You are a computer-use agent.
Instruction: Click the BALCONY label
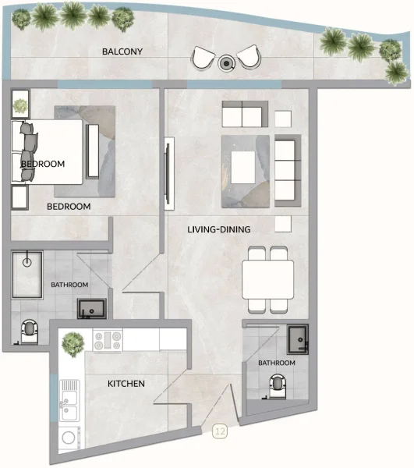click(122, 51)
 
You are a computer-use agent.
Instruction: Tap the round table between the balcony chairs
click(226, 62)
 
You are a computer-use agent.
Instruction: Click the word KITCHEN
click(126, 383)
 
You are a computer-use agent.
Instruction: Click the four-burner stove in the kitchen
click(107, 340)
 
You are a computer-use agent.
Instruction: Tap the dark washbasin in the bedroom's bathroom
click(92, 307)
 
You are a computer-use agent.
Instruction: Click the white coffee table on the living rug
click(242, 166)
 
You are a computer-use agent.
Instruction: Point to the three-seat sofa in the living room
click(287, 169)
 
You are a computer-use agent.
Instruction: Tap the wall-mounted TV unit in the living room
click(168, 173)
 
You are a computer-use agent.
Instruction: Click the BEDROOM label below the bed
click(69, 207)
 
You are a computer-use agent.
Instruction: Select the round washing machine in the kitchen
click(69, 440)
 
